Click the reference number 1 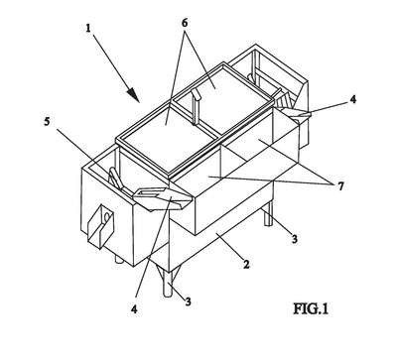coord(88,29)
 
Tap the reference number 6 coord(185,23)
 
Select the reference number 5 coord(47,122)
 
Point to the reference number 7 coord(340,186)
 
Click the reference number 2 coord(246,264)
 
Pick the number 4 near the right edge coord(353,99)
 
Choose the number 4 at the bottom coord(134,309)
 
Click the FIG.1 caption coord(311,309)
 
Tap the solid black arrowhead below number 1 coord(133,94)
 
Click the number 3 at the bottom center coord(188,301)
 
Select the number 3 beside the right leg coord(294,239)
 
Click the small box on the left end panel coord(100,226)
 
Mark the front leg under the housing coord(168,284)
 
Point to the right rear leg coord(270,213)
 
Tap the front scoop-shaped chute coord(161,197)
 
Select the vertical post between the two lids coord(196,108)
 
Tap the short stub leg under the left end coord(119,259)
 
